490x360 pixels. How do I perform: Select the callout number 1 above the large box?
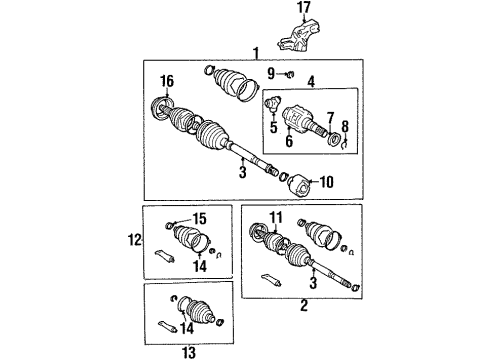point(256,52)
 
